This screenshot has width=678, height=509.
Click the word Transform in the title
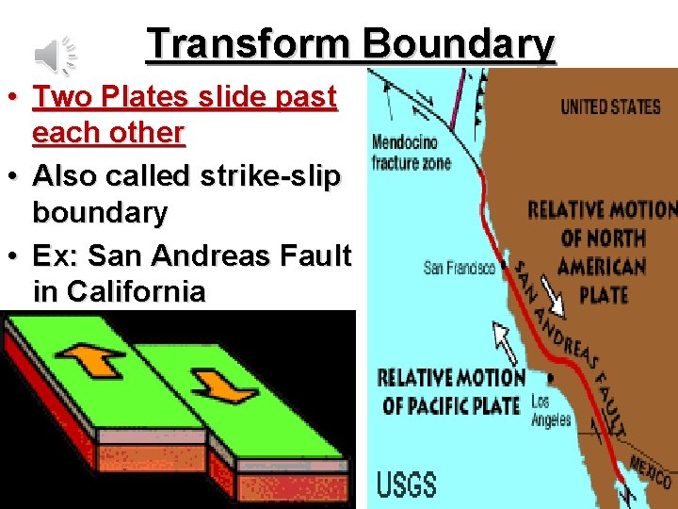tap(250, 43)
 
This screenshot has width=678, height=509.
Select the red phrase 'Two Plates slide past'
tap(185, 97)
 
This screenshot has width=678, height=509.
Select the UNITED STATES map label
tap(610, 107)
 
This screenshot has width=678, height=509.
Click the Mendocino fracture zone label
tap(412, 153)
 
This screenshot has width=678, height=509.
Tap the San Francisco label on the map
tap(459, 269)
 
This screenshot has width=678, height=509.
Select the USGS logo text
tap(407, 484)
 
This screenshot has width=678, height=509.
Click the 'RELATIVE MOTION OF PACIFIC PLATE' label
tap(450, 392)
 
